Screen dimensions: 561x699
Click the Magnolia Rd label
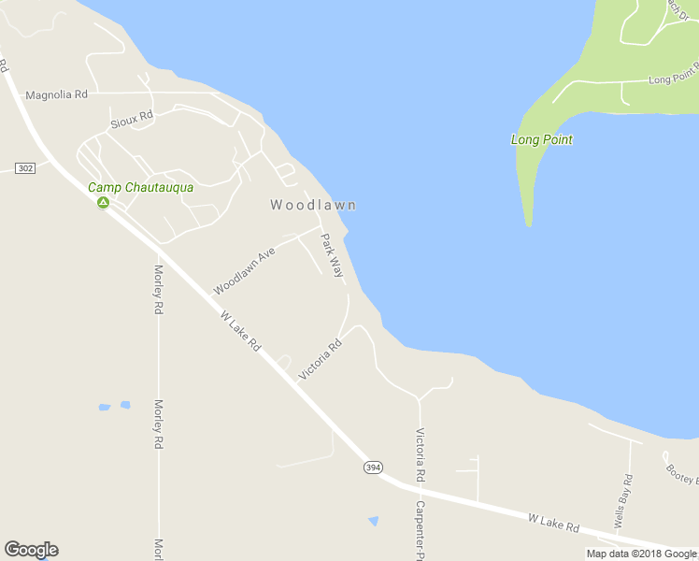pyautogui.click(x=56, y=94)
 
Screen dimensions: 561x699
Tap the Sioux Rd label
pyautogui.click(x=131, y=120)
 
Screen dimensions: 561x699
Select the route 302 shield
pyautogui.click(x=25, y=167)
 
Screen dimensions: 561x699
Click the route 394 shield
pyautogui.click(x=373, y=467)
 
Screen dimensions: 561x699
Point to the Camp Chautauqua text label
pyautogui.click(x=140, y=187)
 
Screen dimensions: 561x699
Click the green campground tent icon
pyautogui.click(x=103, y=202)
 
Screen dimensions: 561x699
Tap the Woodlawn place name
pyautogui.click(x=313, y=205)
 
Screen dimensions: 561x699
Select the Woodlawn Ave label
pyautogui.click(x=244, y=271)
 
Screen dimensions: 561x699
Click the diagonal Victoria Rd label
pyautogui.click(x=321, y=359)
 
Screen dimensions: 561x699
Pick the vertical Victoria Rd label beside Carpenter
pyautogui.click(x=421, y=455)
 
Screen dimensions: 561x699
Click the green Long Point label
pyautogui.click(x=541, y=139)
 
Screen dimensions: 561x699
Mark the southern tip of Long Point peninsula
pyautogui.click(x=529, y=223)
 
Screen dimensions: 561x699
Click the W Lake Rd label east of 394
pyautogui.click(x=553, y=521)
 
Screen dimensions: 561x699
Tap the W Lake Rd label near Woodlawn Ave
pyautogui.click(x=240, y=332)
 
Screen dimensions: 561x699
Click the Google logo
pyautogui.click(x=31, y=550)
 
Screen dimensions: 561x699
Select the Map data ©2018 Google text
pyautogui.click(x=641, y=554)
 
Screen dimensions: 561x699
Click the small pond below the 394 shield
pyautogui.click(x=374, y=520)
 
